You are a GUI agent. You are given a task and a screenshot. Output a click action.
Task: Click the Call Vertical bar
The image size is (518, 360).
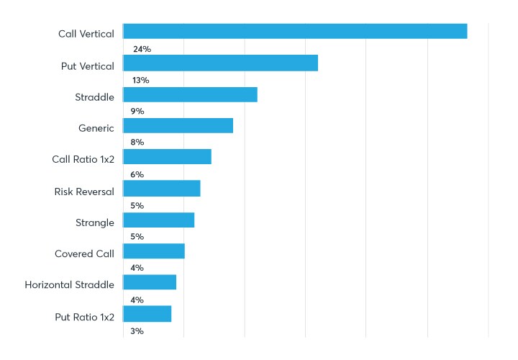pos(295,31)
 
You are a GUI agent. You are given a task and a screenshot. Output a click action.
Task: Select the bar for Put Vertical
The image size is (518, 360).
pos(220,63)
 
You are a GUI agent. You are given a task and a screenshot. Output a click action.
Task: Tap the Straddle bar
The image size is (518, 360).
pos(190,94)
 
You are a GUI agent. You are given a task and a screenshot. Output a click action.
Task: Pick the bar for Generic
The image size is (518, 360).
pos(178,125)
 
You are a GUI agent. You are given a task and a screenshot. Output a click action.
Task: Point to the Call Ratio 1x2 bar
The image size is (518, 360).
pos(167,157)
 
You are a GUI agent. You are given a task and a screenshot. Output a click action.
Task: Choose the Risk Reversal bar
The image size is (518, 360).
pos(161,189)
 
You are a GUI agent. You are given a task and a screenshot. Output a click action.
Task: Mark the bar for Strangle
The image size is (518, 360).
pos(158,220)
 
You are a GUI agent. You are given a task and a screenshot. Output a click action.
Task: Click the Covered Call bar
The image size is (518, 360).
pos(154,251)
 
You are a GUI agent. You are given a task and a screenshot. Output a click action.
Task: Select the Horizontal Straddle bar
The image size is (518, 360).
pos(150,282)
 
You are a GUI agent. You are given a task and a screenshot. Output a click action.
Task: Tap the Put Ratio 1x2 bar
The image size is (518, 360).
pos(147,314)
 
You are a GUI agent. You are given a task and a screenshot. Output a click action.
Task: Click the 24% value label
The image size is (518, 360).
pos(142,49)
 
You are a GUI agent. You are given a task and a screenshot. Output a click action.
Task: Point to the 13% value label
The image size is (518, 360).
pos(140,80)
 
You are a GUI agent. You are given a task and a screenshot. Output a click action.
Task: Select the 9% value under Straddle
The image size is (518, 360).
pos(137,112)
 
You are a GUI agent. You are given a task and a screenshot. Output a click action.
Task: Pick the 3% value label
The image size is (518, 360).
pos(137,331)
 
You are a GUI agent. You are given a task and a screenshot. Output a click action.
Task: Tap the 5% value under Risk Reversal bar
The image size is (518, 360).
pos(137,205)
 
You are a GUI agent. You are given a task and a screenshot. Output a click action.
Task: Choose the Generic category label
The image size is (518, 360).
pos(96,128)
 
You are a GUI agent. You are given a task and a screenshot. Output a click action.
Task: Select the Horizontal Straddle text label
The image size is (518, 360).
pos(69,285)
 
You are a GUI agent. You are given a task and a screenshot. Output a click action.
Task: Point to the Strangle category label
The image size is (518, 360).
pos(94,222)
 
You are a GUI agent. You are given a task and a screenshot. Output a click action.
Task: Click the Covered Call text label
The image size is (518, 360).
pos(84,253)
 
